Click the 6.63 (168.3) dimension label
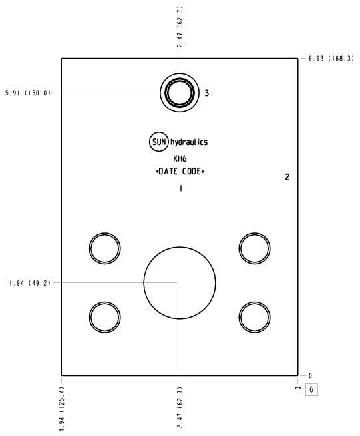(331, 59)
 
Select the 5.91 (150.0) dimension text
(28, 93)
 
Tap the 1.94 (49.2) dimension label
(30, 283)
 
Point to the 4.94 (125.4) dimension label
(63, 409)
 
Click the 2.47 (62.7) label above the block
(180, 27)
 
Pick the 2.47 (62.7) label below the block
(180, 407)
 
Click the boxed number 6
(311, 389)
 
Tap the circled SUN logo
(159, 142)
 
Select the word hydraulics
(189, 142)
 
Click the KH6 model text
(180, 159)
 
